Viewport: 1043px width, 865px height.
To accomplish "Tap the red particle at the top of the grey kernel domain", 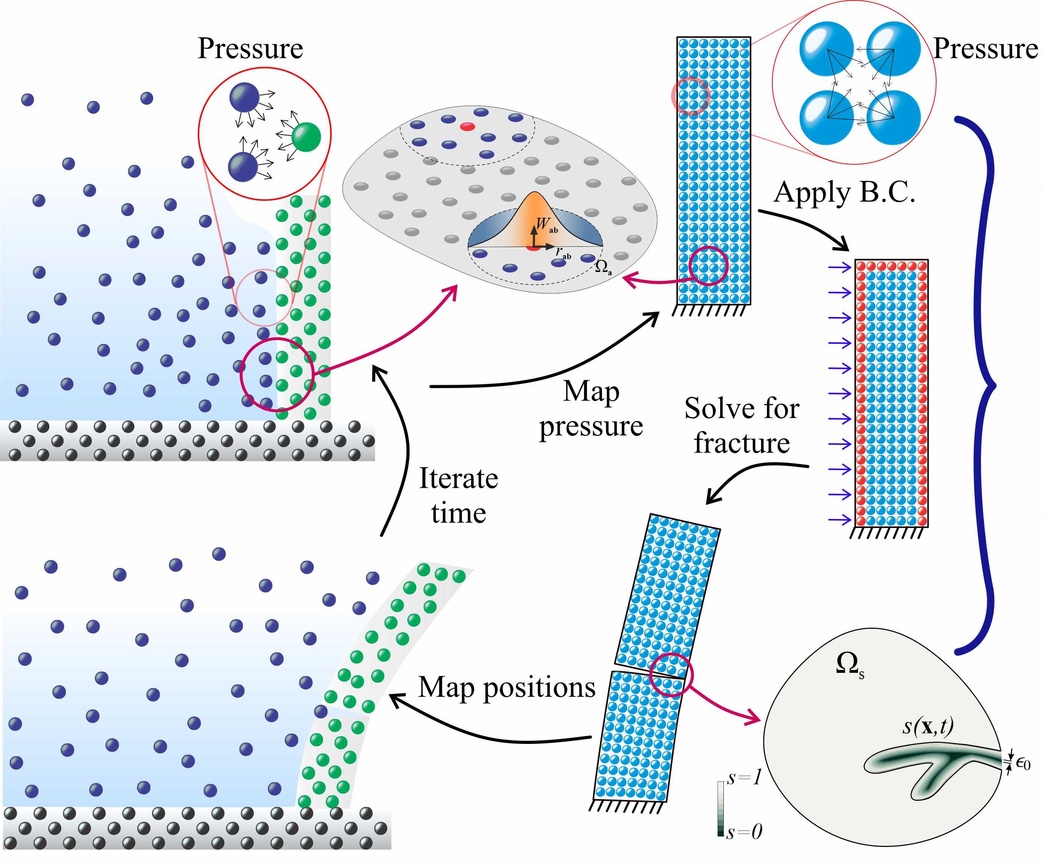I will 467,127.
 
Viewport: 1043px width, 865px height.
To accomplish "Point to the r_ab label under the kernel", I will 563,253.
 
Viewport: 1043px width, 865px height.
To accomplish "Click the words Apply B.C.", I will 844,193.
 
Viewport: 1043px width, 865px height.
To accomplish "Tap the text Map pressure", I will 591,409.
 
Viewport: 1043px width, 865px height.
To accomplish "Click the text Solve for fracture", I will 741,425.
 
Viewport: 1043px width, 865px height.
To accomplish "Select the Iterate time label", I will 458,495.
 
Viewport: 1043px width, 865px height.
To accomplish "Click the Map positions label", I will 506,687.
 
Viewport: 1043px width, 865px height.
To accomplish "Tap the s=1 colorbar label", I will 743,777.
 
